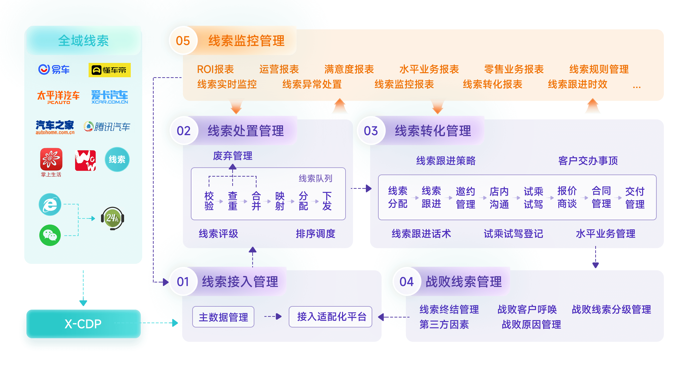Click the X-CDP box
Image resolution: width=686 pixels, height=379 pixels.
(83, 324)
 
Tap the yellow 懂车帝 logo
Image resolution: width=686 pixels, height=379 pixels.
(110, 70)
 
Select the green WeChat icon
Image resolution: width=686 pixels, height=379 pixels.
(50, 235)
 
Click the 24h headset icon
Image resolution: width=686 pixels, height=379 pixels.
(112, 218)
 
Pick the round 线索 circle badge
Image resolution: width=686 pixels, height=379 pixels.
(117, 159)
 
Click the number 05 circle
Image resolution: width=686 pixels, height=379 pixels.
(183, 41)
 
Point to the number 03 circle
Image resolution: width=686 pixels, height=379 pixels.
(371, 131)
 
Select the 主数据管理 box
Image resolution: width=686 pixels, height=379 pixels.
(223, 317)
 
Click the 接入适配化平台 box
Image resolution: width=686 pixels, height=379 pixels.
(330, 317)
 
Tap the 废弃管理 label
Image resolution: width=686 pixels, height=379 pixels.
(232, 156)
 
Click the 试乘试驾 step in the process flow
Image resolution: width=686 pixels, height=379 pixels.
(533, 198)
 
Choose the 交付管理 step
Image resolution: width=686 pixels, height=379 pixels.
(635, 198)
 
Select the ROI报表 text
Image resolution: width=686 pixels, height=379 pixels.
(215, 69)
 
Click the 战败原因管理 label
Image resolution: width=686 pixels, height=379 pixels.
(531, 324)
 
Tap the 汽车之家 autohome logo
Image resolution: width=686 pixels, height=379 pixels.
(55, 127)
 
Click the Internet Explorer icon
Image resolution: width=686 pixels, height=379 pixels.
(50, 205)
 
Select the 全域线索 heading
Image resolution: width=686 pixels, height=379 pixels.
(83, 41)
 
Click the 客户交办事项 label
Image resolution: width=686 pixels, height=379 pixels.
(588, 160)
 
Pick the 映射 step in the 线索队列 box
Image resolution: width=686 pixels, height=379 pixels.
(280, 201)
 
